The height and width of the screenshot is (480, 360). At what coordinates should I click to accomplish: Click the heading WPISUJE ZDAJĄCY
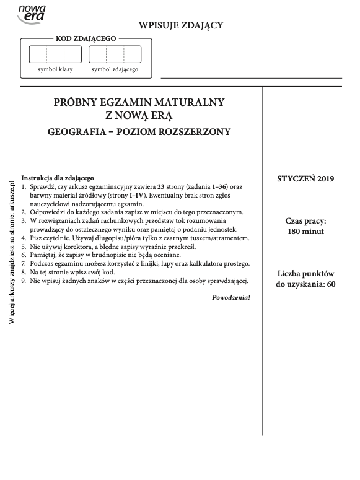coord(180,25)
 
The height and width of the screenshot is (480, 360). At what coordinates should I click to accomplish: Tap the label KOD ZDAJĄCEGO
coord(86,38)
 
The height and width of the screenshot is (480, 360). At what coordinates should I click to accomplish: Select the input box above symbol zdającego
coord(115,55)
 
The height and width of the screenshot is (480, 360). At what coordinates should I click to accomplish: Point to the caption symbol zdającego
coord(115,69)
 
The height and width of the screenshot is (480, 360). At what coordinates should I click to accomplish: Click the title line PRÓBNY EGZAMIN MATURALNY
coord(139,102)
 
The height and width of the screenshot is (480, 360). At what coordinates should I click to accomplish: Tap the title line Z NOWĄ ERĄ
coord(139,115)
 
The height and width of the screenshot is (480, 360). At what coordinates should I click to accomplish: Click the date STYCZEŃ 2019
coord(305,179)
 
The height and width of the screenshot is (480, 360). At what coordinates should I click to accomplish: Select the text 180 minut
coord(305,232)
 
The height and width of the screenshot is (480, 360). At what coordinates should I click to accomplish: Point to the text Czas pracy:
coord(305,220)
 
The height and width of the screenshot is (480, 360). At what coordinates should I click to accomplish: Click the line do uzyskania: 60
coord(305,284)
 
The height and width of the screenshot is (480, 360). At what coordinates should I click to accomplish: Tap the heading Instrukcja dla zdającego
coord(57,178)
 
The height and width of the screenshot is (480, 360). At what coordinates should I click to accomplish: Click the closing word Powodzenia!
coord(231,297)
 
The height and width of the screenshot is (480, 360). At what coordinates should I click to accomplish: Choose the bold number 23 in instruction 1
coord(162,186)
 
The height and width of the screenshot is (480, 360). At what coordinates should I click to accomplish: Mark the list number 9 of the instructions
coord(24,281)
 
